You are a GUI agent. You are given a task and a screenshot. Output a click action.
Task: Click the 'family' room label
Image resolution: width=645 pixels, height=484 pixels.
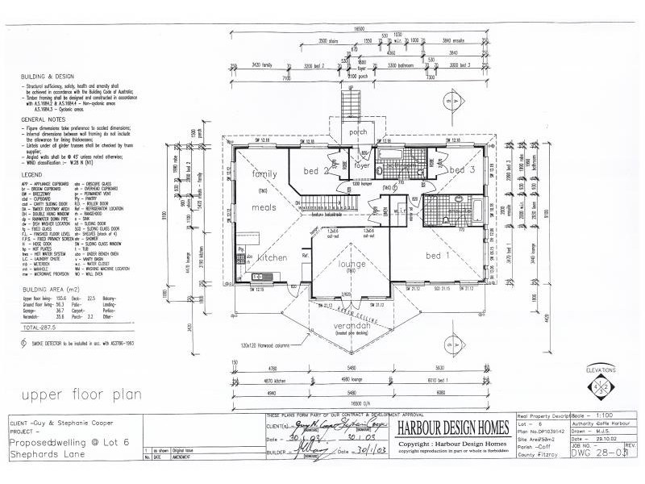point(264,173)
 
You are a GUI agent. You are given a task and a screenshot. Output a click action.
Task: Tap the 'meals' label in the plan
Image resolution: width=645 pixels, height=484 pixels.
point(264,207)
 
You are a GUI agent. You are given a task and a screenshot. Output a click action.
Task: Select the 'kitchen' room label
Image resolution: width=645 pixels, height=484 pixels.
point(273,258)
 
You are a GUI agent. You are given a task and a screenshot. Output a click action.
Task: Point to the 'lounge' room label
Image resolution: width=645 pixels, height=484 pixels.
point(352,264)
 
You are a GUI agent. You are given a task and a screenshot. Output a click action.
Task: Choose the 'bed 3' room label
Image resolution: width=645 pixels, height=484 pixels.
point(462,170)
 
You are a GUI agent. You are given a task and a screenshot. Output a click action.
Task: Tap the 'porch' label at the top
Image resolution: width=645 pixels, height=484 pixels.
point(357,131)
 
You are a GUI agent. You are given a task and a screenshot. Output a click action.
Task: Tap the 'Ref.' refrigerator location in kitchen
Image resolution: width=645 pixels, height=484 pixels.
point(305,256)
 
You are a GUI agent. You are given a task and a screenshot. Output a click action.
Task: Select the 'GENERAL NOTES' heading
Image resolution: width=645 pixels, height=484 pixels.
point(44,119)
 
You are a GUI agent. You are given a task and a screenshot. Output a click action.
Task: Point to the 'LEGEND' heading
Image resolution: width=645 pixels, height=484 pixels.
point(33,174)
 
